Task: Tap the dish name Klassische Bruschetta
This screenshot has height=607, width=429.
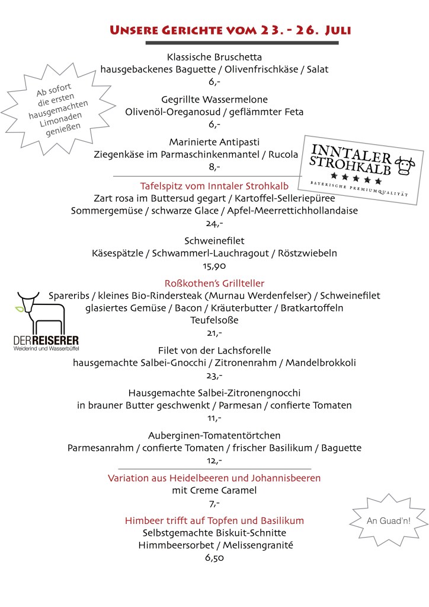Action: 214,57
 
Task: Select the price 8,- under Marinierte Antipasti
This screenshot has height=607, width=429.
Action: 214,167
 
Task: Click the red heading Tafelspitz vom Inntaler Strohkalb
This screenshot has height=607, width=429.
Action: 214,185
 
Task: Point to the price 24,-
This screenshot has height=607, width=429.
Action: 214,224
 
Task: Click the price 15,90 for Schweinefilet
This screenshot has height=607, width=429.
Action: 214,266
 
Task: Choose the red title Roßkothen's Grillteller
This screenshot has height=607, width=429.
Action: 214,283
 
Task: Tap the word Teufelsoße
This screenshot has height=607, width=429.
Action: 214,320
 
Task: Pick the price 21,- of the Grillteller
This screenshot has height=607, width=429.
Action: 214,333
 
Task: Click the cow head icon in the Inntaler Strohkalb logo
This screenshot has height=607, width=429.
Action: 405,166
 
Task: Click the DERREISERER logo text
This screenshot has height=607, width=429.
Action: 46,341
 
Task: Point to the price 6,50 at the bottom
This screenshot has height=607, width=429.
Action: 214,558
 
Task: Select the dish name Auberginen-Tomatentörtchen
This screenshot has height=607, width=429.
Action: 214,435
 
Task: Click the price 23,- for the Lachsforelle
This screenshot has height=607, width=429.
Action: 214,376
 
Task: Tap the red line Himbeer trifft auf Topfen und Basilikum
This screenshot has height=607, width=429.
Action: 214,520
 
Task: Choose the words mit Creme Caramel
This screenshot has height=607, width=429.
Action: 214,490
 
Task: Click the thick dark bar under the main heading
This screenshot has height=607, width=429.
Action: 242,43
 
